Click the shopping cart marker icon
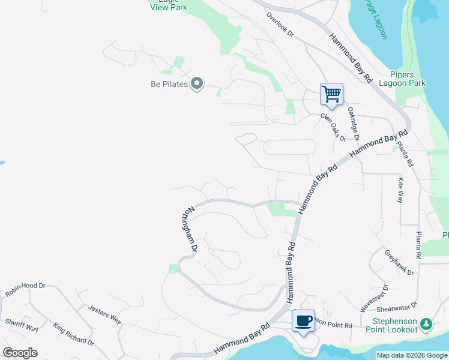(331, 94)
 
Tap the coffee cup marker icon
(304, 320)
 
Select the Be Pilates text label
(169, 84)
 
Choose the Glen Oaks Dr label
(333, 126)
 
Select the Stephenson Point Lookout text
(391, 325)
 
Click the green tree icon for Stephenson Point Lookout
(426, 324)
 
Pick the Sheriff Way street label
(22, 325)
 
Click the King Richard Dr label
(73, 334)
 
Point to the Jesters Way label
(104, 314)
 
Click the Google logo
(20, 352)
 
